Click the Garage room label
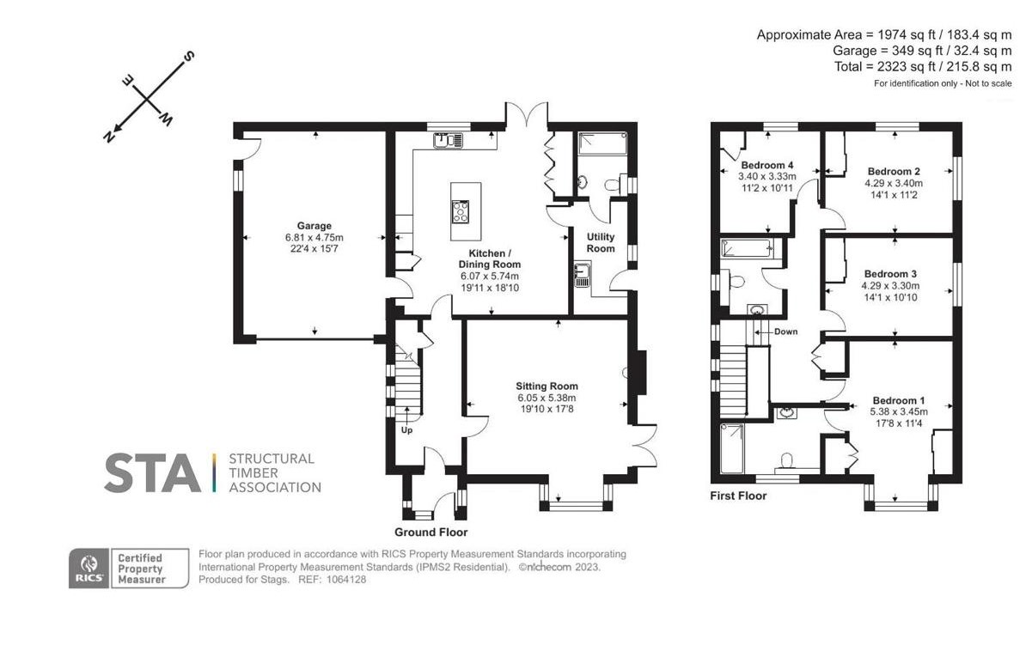pyautogui.click(x=315, y=226)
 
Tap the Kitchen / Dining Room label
pyautogui.click(x=490, y=259)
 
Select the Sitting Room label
pyautogui.click(x=547, y=386)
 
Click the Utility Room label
pyautogui.click(x=601, y=242)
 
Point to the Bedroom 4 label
pyautogui.click(x=767, y=165)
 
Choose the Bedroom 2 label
pyautogui.click(x=894, y=172)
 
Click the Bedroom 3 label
pyautogui.click(x=890, y=274)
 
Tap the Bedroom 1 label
pyautogui.click(x=899, y=400)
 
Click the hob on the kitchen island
pyautogui.click(x=461, y=211)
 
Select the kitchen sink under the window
pyautogui.click(x=449, y=140)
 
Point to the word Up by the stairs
pyautogui.click(x=407, y=429)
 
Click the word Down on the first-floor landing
pyautogui.click(x=786, y=332)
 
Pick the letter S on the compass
pyautogui.click(x=188, y=56)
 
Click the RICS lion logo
pyautogui.click(x=89, y=568)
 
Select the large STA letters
pyautogui.click(x=152, y=472)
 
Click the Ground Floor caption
pyautogui.click(x=431, y=532)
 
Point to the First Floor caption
pyautogui.click(x=738, y=496)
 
